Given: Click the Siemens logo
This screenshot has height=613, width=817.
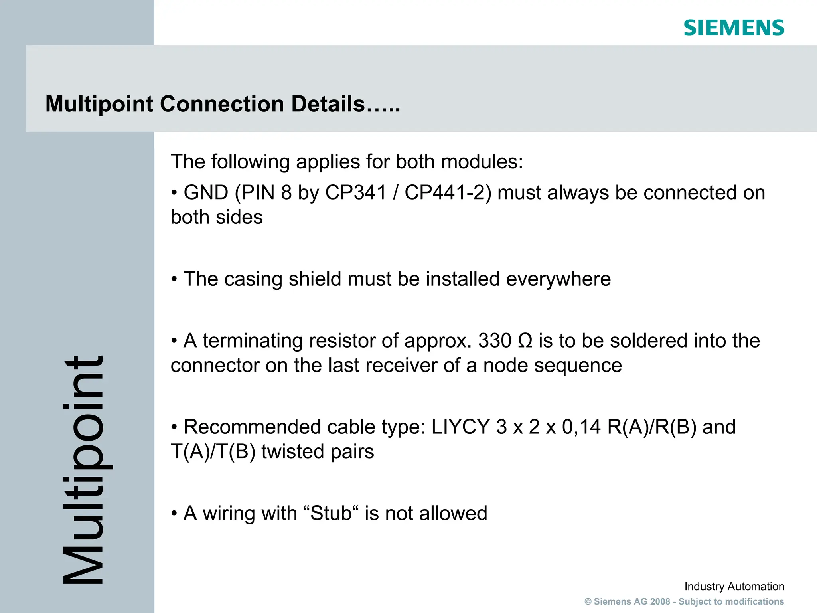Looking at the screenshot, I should click(734, 28).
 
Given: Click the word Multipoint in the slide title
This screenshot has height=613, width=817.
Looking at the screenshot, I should click(99, 105).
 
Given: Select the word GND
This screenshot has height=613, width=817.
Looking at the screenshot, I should click(206, 193).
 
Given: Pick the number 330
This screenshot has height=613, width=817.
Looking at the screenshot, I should click(495, 341).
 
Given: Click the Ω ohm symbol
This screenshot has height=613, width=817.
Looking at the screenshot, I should click(525, 341).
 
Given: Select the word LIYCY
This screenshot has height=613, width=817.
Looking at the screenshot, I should click(460, 427).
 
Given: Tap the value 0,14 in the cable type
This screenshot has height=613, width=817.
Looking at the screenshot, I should click(581, 427).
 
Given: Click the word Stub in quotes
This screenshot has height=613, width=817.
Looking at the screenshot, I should click(331, 513).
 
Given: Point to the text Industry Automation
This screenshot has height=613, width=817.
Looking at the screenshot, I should click(734, 587).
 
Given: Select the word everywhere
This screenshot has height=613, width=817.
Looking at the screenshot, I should click(558, 279).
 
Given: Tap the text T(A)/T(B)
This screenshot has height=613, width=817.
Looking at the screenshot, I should click(213, 452).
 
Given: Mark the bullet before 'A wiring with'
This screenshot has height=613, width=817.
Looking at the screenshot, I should click(174, 514).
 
